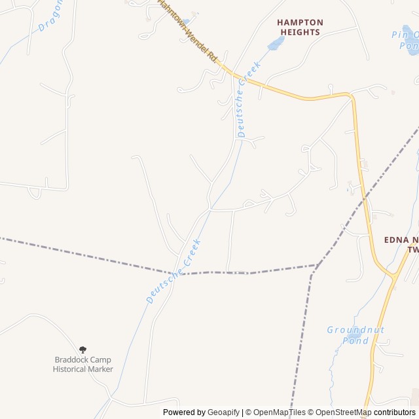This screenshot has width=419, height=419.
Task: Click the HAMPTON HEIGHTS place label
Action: pos(300,27)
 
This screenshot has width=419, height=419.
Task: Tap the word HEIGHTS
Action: pos(300,31)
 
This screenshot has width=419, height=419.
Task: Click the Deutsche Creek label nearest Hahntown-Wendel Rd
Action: pos(249,98)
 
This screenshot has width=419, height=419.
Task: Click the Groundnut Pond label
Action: pos(355,335)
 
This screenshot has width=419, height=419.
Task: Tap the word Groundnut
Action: pos(355,330)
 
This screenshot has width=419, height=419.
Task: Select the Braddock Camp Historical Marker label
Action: pos(82,365)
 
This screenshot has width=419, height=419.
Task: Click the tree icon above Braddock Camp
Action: pos(82,350)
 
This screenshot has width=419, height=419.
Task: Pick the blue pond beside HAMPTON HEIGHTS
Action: pos(276,44)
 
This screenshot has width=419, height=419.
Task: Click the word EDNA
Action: pos(396,240)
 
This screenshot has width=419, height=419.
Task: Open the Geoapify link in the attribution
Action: pos(224,412)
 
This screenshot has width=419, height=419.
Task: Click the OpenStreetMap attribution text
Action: pos(341,412)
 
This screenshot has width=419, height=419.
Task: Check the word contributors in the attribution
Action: pos(395,412)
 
